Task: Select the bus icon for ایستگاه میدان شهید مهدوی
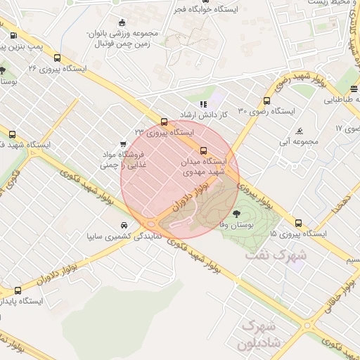[x=204, y=150]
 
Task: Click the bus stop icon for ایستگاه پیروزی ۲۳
[x=165, y=121]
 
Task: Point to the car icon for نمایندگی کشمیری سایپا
[x=124, y=225]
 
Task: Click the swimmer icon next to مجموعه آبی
[x=300, y=131]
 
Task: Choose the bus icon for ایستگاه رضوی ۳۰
[x=267, y=101]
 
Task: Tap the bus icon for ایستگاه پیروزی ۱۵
[x=299, y=223]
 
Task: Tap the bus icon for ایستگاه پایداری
[x=18, y=290]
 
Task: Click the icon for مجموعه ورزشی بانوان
[x=123, y=22]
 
